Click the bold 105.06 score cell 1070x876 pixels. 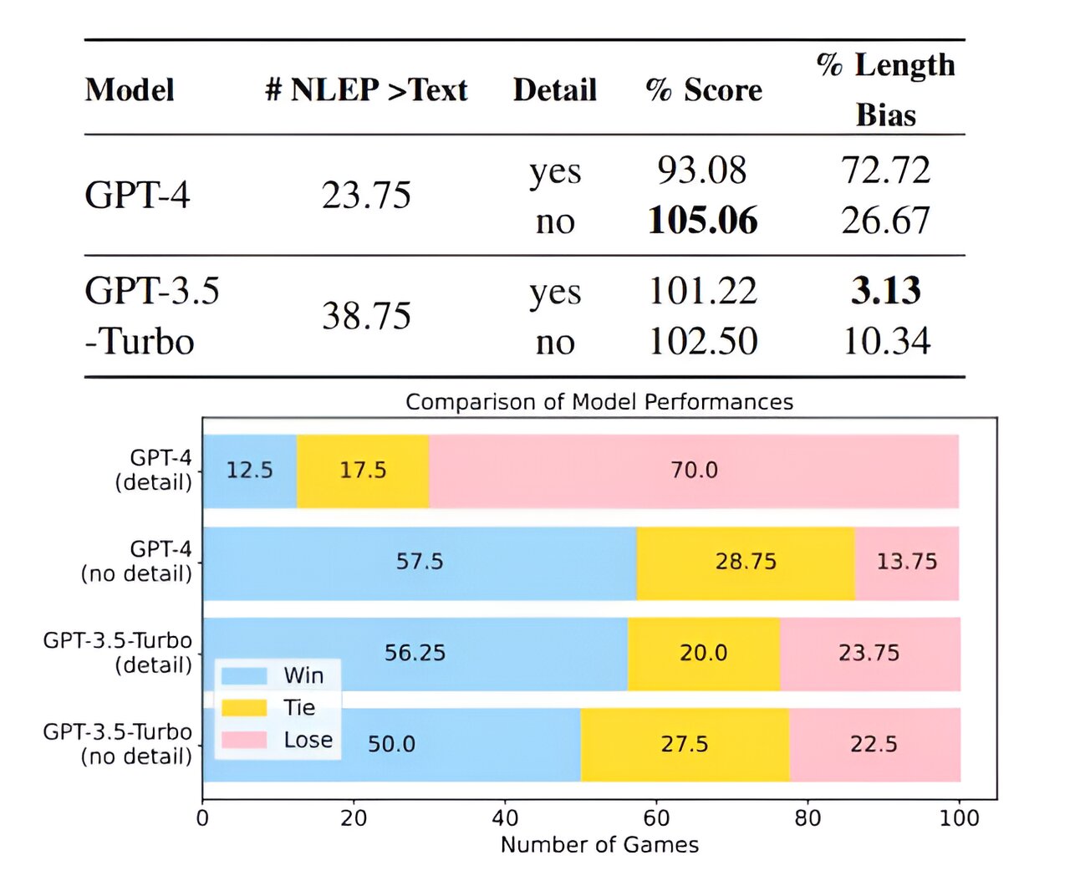click(702, 221)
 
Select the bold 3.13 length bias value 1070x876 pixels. click(886, 291)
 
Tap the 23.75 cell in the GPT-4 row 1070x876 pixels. click(366, 196)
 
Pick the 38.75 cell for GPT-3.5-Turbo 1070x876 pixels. click(366, 316)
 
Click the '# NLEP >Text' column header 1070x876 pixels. click(366, 90)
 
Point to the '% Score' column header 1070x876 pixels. click(704, 90)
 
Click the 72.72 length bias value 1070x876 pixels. click(886, 171)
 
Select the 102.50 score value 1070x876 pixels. click(703, 341)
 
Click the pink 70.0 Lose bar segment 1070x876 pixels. click(694, 471)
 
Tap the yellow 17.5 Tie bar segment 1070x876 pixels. click(363, 471)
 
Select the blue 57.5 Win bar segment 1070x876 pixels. click(420, 562)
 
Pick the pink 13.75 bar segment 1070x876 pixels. click(907, 562)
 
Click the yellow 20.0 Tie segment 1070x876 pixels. click(703, 653)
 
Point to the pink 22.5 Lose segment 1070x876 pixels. click(874, 744)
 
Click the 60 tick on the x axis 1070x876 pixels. click(656, 817)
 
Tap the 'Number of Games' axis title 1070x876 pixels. click(599, 845)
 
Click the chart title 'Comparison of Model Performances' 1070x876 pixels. click(599, 402)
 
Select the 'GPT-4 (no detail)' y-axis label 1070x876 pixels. click(137, 562)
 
